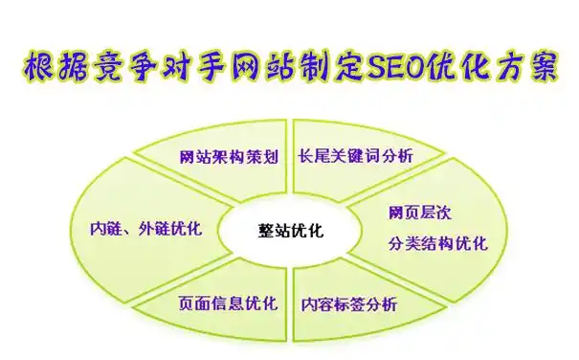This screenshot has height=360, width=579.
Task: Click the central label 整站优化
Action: (x=291, y=230)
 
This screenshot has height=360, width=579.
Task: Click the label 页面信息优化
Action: (x=228, y=304)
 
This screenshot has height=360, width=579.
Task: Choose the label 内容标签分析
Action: (x=348, y=304)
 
